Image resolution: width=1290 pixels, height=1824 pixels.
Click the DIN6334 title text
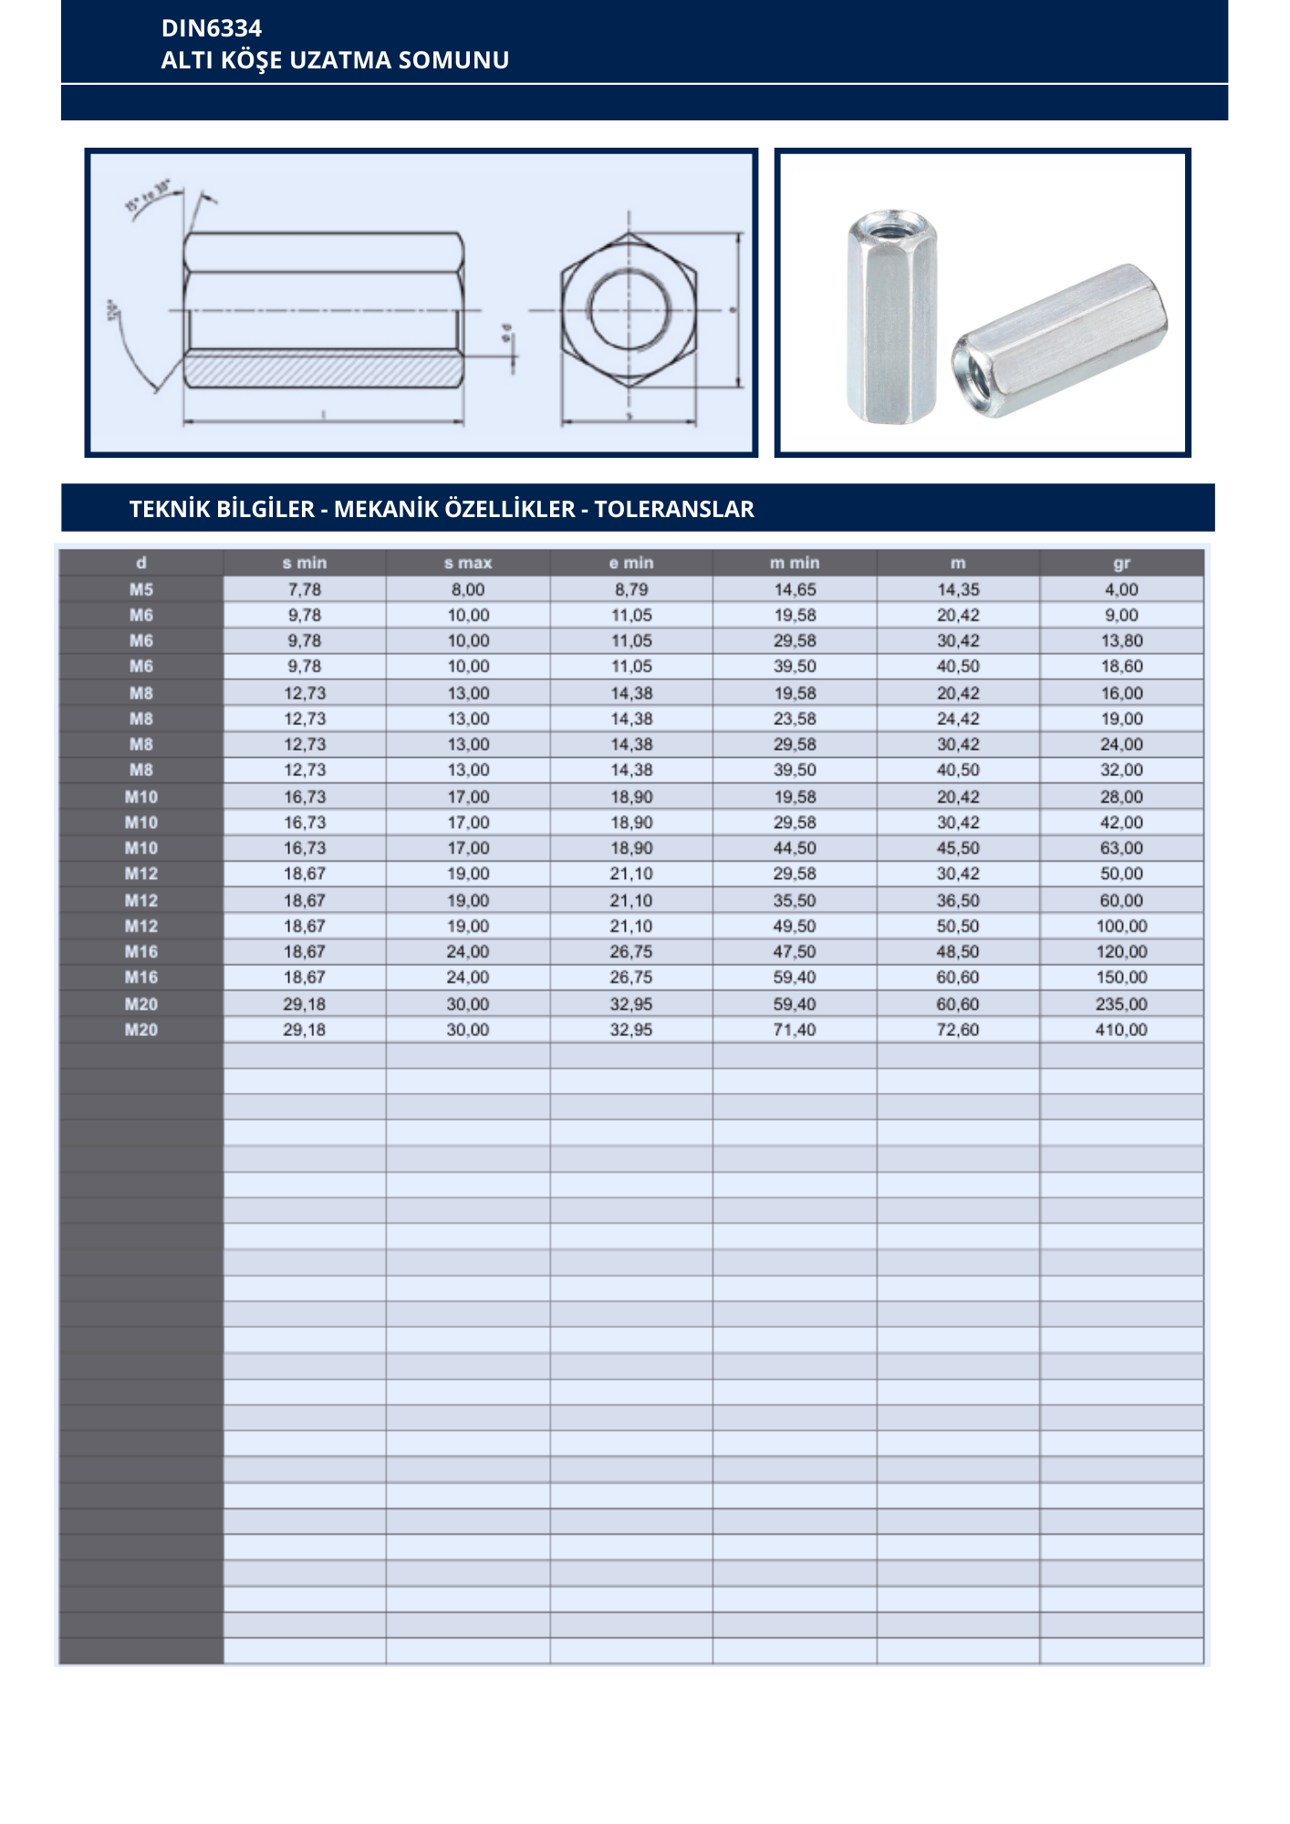[x=212, y=28]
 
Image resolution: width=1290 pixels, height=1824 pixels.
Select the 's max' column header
[x=468, y=563]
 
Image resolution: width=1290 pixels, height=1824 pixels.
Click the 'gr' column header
[x=1121, y=563]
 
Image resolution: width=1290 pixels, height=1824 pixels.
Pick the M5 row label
[x=141, y=589]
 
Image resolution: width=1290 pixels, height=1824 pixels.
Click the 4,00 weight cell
[x=1121, y=589]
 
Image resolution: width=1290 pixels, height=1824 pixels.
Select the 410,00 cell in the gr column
[x=1121, y=1030]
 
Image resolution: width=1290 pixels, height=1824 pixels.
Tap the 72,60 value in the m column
[x=958, y=1030]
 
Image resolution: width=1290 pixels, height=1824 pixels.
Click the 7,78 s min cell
[x=305, y=589]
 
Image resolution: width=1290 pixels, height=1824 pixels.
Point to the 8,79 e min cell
[x=631, y=589]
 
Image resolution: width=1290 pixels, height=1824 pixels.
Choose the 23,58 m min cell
[x=795, y=719]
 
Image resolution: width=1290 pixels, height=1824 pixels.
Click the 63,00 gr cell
[x=1121, y=848]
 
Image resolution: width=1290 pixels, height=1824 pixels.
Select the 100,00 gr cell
[x=1121, y=926]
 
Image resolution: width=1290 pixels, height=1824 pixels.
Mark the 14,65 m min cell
[x=795, y=589]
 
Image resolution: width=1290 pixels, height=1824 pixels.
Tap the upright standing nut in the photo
[x=891, y=319]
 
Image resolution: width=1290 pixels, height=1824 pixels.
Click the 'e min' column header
[x=631, y=563]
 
